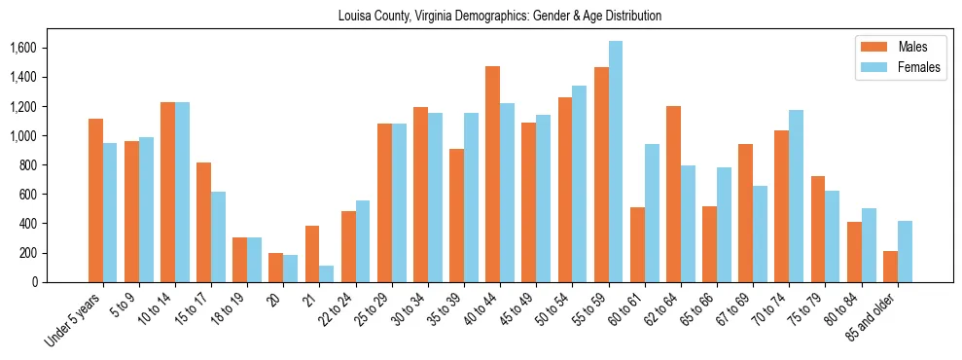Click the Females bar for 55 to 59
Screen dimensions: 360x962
pos(616,162)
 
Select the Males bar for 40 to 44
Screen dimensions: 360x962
pos(492,174)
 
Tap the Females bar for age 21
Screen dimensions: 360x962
pos(327,273)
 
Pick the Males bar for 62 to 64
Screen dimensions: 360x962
pos(673,194)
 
